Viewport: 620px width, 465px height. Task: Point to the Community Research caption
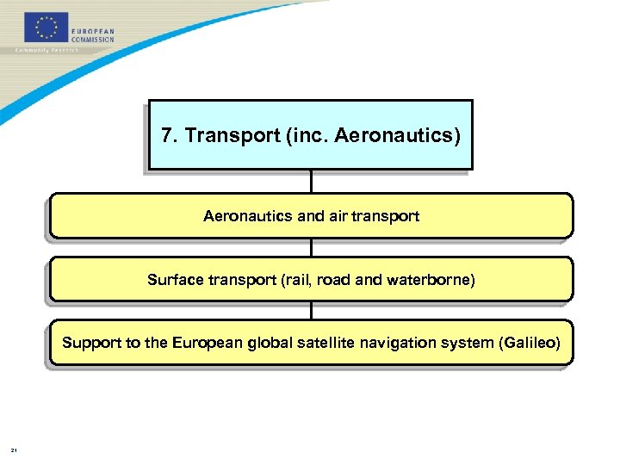(47, 50)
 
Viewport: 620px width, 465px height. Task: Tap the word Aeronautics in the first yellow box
(248, 216)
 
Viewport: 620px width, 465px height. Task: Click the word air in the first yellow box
(339, 216)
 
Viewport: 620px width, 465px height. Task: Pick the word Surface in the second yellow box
(176, 280)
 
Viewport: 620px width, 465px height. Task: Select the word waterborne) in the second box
(431, 280)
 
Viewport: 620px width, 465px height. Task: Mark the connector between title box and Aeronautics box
(311, 181)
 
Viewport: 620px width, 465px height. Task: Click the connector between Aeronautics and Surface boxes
(311, 247)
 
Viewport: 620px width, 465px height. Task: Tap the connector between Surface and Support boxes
(311, 311)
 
